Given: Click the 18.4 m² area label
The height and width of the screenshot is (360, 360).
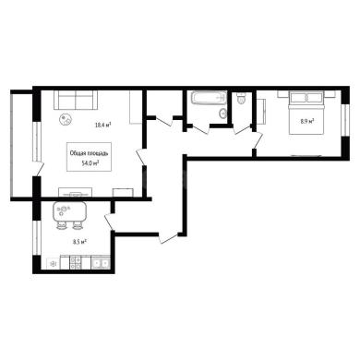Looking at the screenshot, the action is pyautogui.click(x=102, y=125).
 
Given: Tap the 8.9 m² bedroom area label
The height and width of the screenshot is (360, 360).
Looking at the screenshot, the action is pyautogui.click(x=307, y=121).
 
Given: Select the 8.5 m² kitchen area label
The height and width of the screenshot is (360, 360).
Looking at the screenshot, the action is pyautogui.click(x=79, y=242).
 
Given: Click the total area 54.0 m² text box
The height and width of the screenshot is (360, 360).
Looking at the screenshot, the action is pyautogui.click(x=89, y=157).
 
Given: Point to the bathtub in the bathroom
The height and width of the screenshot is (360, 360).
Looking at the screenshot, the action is pyautogui.click(x=209, y=98).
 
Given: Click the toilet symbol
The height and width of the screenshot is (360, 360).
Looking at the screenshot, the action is pyautogui.click(x=241, y=99).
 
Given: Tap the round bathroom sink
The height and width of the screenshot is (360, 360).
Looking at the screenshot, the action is pyautogui.click(x=222, y=114).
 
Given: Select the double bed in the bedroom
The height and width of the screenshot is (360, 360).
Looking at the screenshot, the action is pyautogui.click(x=306, y=113).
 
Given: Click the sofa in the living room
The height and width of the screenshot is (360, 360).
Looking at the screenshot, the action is pyautogui.click(x=76, y=100).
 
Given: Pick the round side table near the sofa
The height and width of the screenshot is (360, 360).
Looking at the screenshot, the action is pyautogui.click(x=66, y=119).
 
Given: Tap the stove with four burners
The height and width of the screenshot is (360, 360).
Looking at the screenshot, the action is pyautogui.click(x=76, y=263).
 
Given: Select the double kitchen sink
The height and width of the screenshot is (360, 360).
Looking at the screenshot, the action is pyautogui.click(x=101, y=263).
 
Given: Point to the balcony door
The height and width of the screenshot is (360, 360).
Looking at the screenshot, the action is pyautogui.click(x=39, y=168).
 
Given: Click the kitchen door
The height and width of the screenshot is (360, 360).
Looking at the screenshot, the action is pyautogui.click(x=109, y=222).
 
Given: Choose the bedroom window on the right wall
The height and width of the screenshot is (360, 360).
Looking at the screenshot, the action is pyautogui.click(x=346, y=120).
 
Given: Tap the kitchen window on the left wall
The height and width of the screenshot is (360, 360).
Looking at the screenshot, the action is pyautogui.click(x=36, y=237).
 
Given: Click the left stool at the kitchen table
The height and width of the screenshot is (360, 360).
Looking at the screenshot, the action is pyautogui.click(x=61, y=226).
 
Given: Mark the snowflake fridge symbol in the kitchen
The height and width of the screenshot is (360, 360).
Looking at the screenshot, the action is pyautogui.click(x=53, y=263).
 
